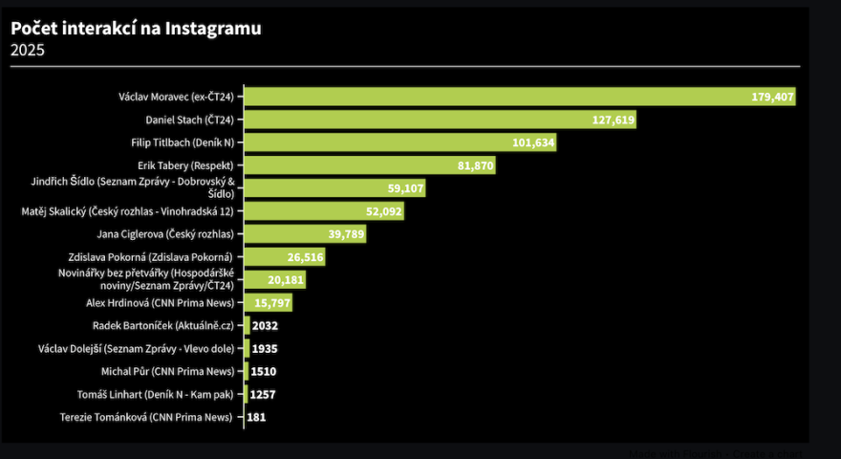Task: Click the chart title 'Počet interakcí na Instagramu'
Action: pyautogui.click(x=136, y=29)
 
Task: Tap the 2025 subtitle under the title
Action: pyautogui.click(x=28, y=51)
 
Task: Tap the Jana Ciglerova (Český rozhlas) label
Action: pyautogui.click(x=165, y=234)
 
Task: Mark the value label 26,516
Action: pyautogui.click(x=305, y=257)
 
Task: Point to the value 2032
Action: pyautogui.click(x=265, y=326)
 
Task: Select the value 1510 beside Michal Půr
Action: pyautogui.click(x=264, y=372)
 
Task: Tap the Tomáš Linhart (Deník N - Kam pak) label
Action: pyautogui.click(x=156, y=394)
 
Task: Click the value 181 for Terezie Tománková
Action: pyautogui.click(x=256, y=417)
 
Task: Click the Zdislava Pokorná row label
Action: pyautogui.click(x=163, y=257)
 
